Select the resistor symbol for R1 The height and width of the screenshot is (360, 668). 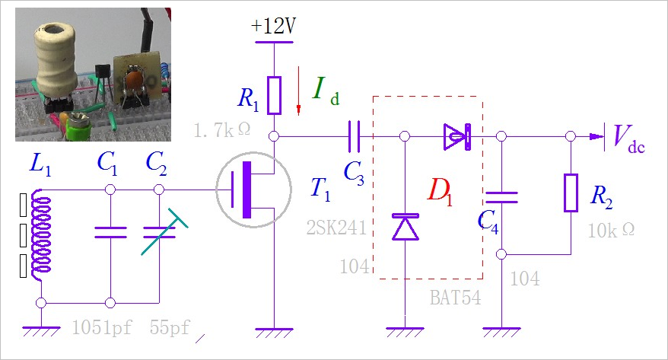275,94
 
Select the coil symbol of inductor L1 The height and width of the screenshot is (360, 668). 42,237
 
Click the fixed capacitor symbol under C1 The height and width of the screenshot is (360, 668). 110,231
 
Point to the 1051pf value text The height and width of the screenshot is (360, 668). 101,328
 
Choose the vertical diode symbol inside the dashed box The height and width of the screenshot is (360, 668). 404,228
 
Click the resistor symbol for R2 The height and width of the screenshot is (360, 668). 570,193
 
